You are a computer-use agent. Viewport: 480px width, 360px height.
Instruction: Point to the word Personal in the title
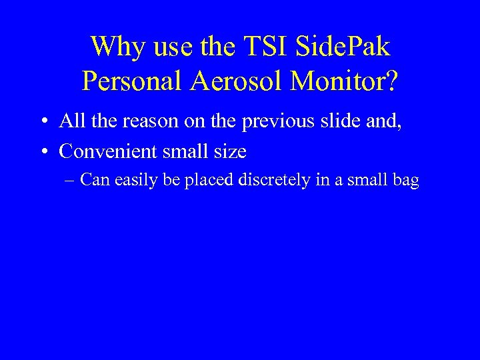coord(132,81)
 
